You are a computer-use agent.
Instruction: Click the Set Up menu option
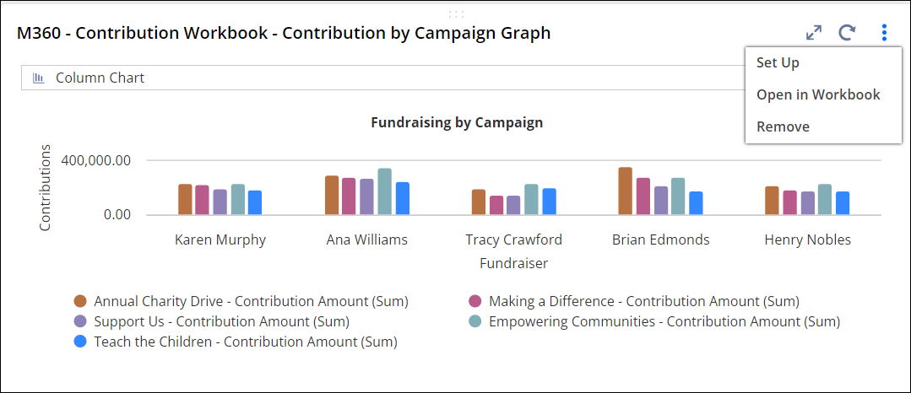[x=778, y=62]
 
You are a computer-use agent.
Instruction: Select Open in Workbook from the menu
[x=817, y=94]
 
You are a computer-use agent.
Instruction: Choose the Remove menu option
[x=783, y=127]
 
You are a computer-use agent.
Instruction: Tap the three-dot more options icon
[x=884, y=33]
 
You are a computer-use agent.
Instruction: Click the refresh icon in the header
[x=848, y=33]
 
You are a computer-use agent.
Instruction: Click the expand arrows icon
[x=814, y=33]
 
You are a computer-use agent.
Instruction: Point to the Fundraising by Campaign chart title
[x=456, y=122]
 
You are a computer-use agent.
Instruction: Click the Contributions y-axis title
[x=46, y=187]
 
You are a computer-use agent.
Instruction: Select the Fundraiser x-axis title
[x=513, y=263]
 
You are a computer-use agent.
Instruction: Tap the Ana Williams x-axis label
[x=366, y=240]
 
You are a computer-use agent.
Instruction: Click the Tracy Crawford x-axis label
[x=513, y=240]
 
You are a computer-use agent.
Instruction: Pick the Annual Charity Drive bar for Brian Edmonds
[x=626, y=191]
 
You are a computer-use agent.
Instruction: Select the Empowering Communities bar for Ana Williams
[x=385, y=191]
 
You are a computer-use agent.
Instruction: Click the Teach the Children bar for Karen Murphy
[x=255, y=202]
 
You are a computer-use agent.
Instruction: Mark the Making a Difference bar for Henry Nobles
[x=790, y=202]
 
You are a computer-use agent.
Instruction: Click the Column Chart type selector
[x=100, y=78]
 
